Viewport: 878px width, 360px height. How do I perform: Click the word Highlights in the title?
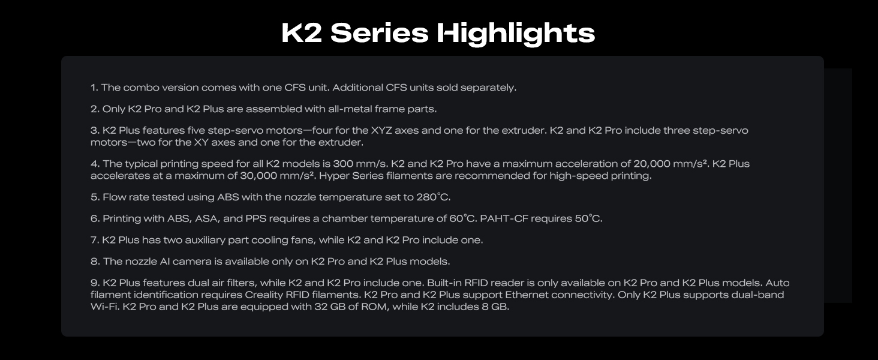tap(516, 33)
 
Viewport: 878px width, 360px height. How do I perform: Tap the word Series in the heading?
tap(379, 33)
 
